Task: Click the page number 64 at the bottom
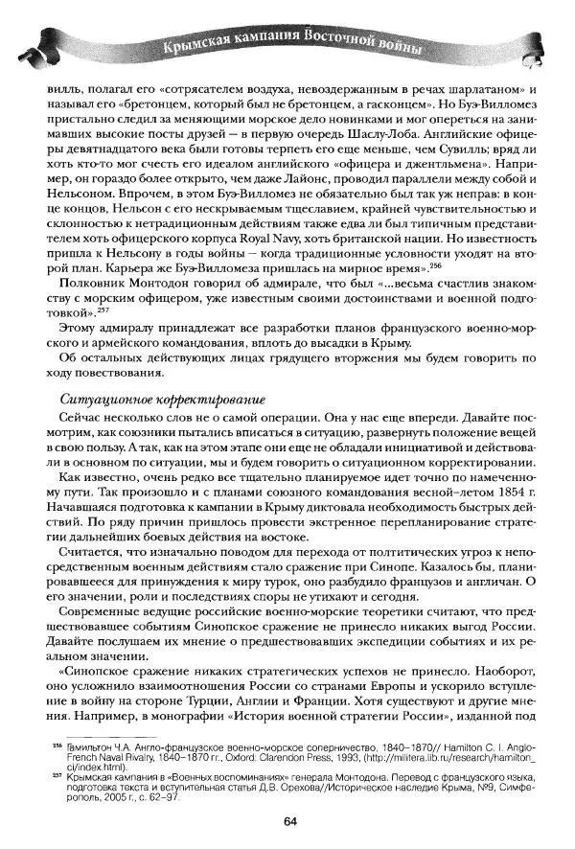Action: coord(288,820)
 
